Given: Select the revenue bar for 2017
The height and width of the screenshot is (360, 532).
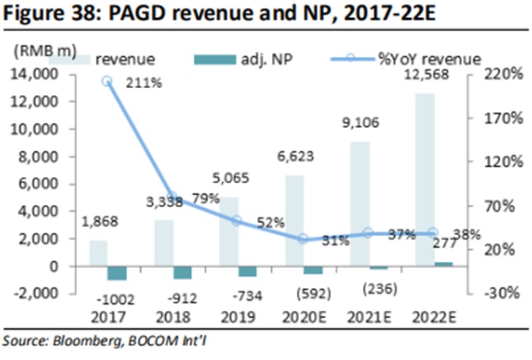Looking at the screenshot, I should [x=98, y=252].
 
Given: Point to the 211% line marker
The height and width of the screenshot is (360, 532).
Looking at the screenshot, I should [x=107, y=80].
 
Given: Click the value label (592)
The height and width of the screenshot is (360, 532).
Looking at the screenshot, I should [x=312, y=293].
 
